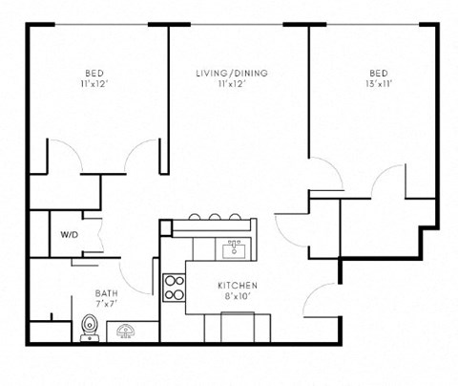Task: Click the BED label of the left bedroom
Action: [x=94, y=73]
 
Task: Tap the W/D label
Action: [x=69, y=234]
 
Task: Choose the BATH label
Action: [x=106, y=293]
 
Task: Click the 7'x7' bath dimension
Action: [x=106, y=305]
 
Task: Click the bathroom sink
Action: [x=126, y=332]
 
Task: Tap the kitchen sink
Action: [x=232, y=250]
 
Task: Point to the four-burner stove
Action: [x=174, y=288]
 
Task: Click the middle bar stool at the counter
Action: [x=215, y=217]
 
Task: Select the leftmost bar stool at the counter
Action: [x=195, y=217]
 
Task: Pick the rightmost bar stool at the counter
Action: [x=235, y=217]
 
